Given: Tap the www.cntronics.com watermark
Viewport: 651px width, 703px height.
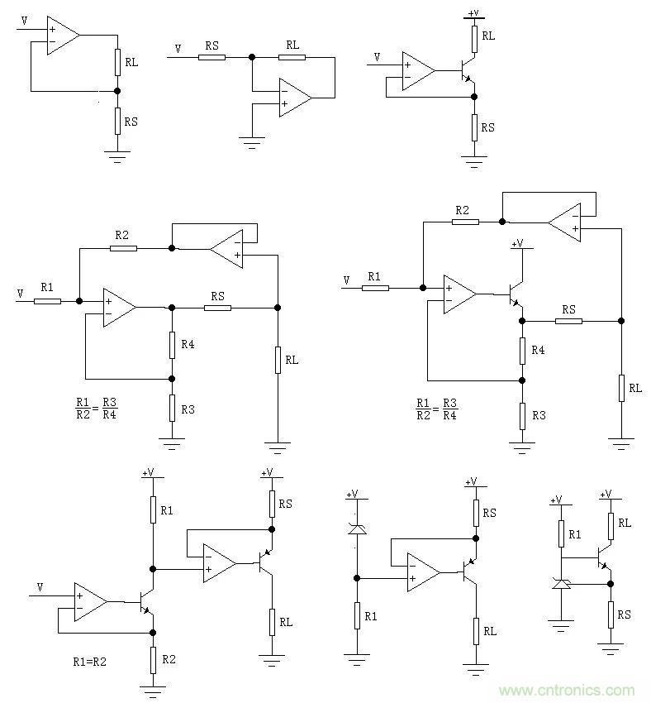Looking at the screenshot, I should click(566, 690).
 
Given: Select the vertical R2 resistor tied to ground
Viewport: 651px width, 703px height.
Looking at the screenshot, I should click(153, 659).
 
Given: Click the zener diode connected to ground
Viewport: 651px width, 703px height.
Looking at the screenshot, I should click(561, 584).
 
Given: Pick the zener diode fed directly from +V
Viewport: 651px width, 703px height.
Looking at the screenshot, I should click(356, 528).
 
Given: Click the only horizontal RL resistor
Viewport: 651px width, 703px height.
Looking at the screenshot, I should click(292, 57).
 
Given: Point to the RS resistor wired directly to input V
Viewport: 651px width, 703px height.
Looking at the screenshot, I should click(211, 57).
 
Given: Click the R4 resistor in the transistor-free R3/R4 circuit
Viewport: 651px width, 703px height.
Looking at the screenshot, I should click(172, 344).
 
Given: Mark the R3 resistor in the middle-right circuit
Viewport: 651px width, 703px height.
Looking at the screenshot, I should click(522, 415).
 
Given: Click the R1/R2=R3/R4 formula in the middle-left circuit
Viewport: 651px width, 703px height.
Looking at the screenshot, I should click(97, 409).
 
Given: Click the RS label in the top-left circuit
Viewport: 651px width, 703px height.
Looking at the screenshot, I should click(131, 122).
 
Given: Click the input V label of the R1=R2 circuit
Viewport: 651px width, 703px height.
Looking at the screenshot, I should click(39, 586).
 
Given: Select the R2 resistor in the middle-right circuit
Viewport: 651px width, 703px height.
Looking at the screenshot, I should click(465, 221).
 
